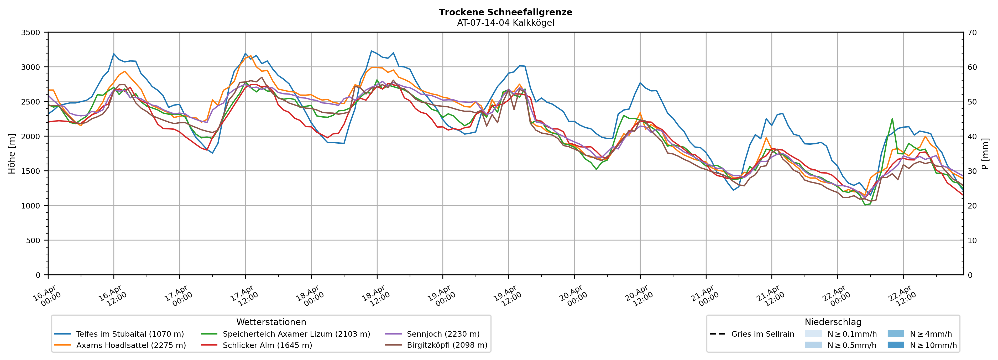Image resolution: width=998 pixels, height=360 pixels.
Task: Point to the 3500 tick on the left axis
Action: tap(31, 33)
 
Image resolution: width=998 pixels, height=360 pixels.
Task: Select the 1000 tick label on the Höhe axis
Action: tap(31, 206)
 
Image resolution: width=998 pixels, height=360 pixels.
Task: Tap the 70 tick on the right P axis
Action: tap(973, 33)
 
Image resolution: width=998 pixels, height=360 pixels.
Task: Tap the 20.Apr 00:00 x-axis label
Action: tap(573, 296)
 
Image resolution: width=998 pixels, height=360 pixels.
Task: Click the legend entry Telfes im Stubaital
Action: tap(130, 334)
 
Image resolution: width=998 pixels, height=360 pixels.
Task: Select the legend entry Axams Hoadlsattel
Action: tap(131, 345)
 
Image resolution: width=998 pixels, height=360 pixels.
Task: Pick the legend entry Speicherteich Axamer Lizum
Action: tap(296, 334)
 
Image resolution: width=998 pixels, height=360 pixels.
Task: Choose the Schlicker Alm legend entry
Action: tap(267, 345)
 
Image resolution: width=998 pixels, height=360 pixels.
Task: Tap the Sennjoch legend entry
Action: tap(443, 334)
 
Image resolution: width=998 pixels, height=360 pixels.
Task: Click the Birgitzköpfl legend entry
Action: tap(447, 345)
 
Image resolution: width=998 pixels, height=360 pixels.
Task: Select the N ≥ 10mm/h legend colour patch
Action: tap(895, 345)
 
